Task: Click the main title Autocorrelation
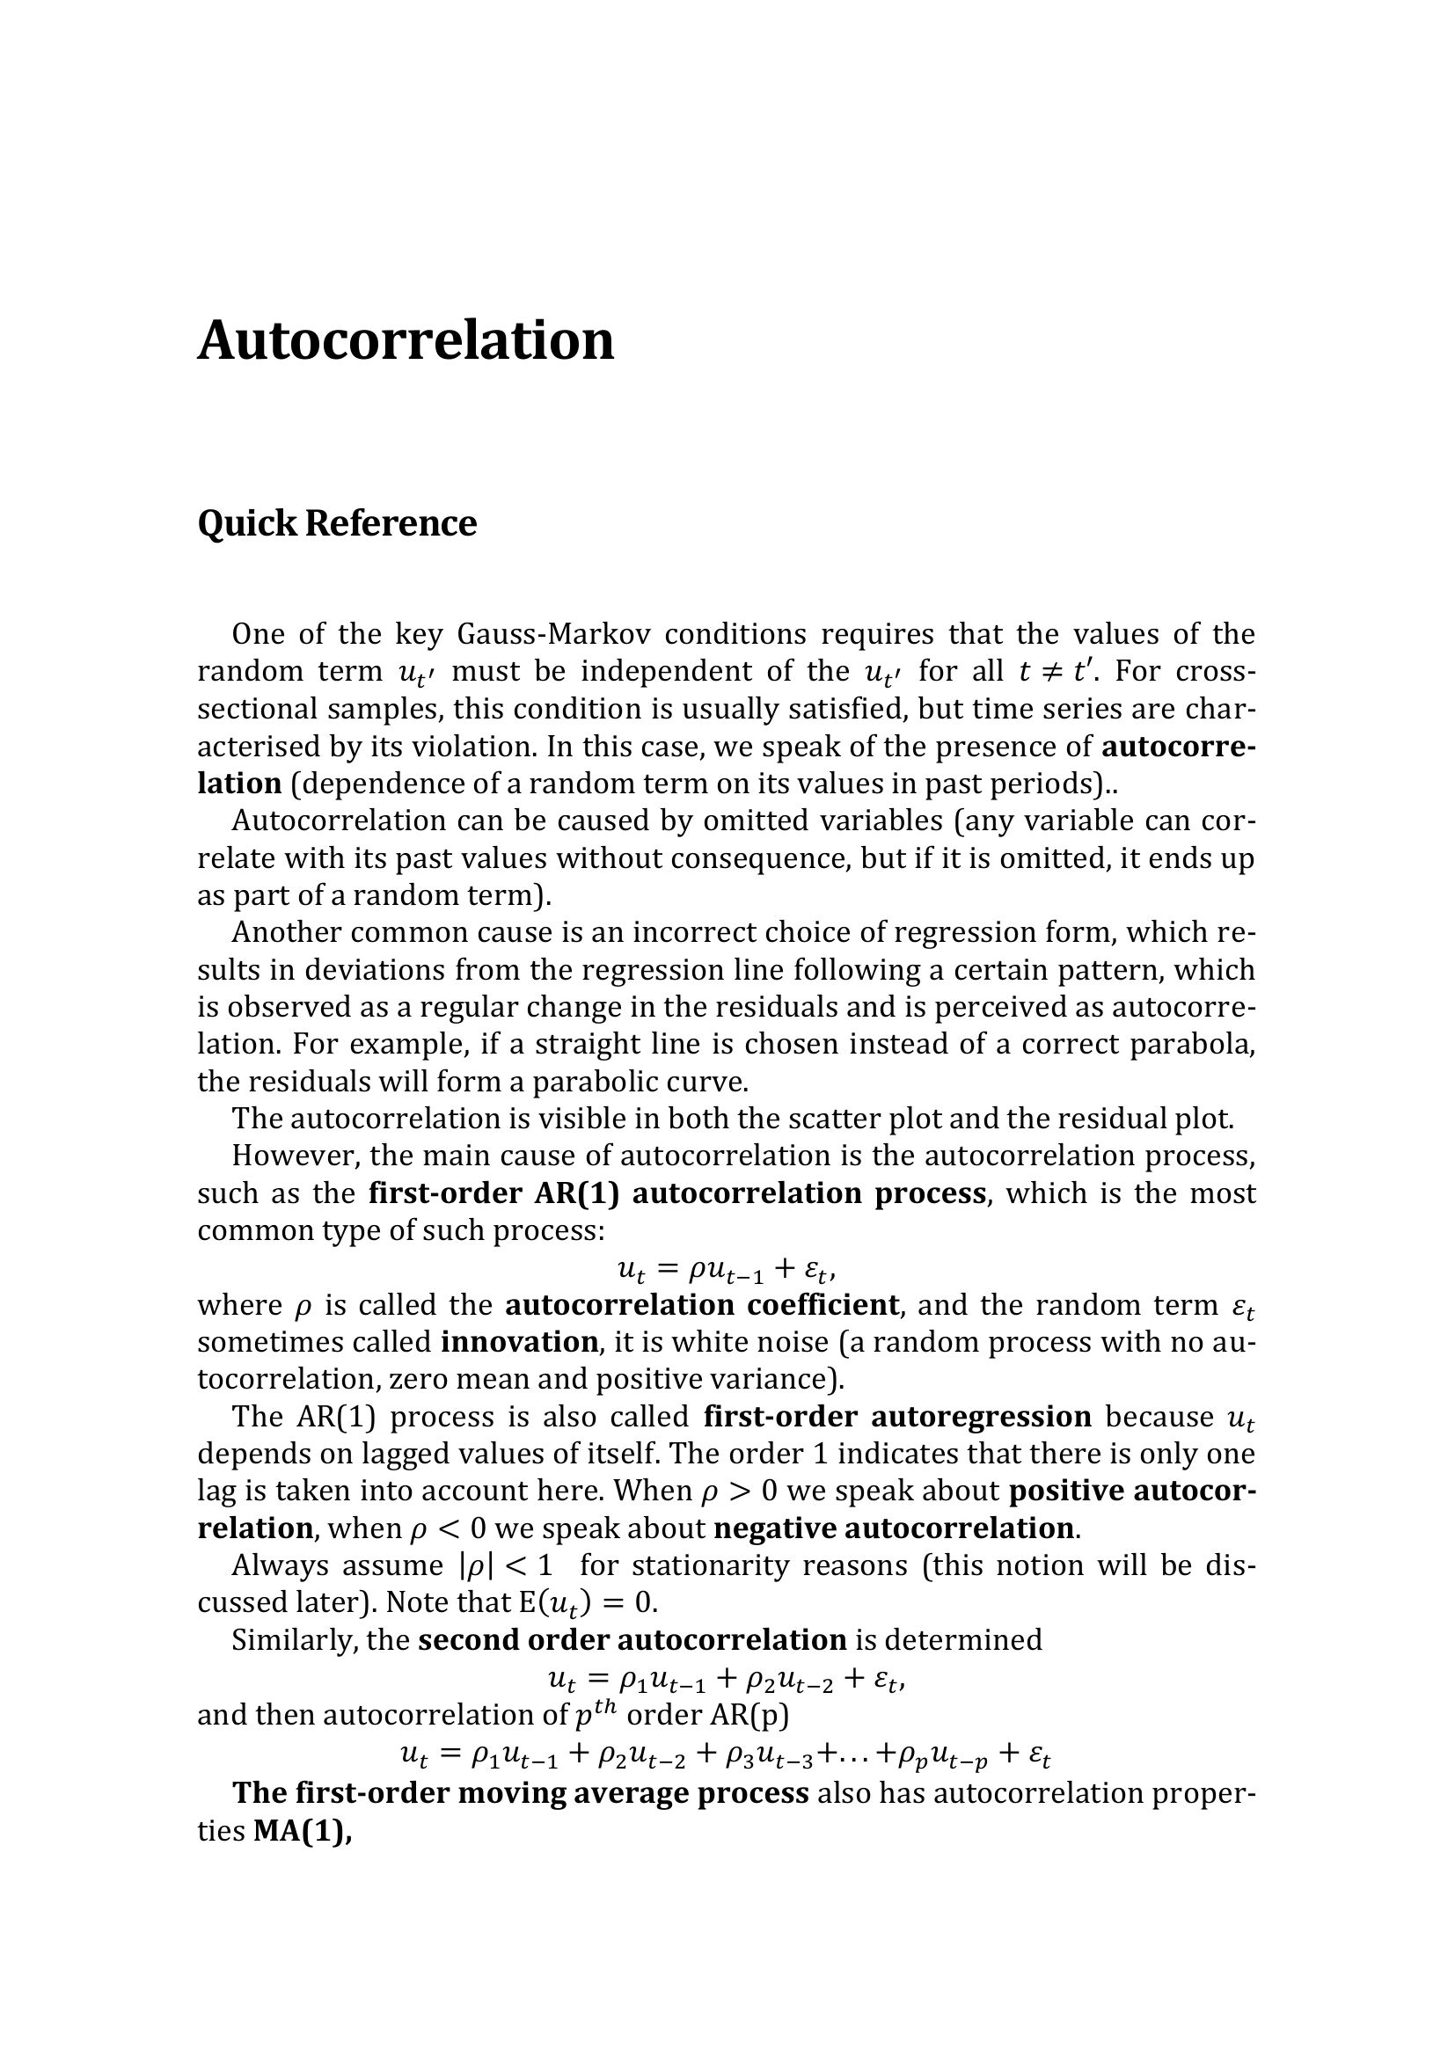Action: coord(405,341)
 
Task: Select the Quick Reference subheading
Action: coord(337,524)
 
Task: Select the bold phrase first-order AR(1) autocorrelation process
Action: coord(676,1193)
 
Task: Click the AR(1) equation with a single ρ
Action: coord(726,1269)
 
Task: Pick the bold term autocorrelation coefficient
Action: coord(701,1305)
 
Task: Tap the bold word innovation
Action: coord(520,1342)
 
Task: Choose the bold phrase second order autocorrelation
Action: coord(632,1639)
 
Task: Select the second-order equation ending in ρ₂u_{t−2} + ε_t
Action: coord(726,1678)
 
